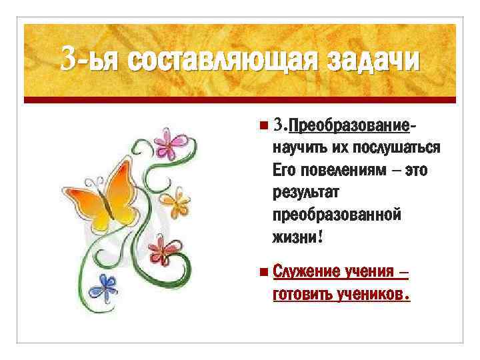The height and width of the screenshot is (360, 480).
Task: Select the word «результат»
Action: [306, 193]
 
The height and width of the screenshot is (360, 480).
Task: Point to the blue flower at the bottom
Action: [103, 287]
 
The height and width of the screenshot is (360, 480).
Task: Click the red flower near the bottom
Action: [161, 251]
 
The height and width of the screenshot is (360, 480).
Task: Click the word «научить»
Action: [297, 147]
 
